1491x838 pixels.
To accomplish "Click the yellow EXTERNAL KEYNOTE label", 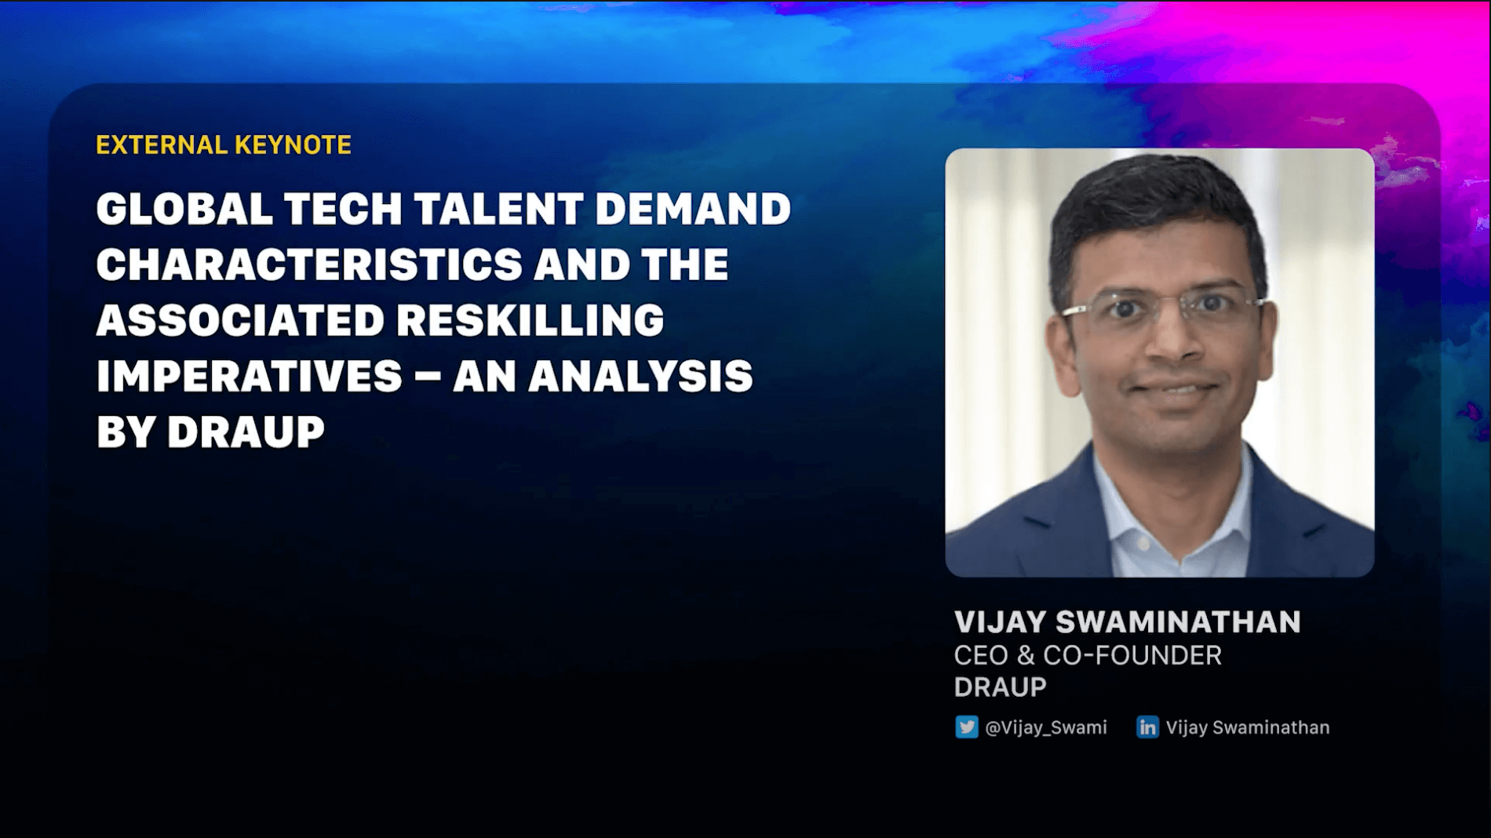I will coord(224,145).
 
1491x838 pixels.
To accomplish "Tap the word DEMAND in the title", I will coord(693,209).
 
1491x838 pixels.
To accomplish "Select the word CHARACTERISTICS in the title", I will coord(309,264).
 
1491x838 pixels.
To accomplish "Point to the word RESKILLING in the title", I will coord(530,320).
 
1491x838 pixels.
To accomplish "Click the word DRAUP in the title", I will coord(246,432).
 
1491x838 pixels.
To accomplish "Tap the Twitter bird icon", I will coord(966,727).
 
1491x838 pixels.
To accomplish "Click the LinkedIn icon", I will coord(1147,727).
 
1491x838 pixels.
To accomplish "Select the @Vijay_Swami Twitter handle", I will coord(1046,727).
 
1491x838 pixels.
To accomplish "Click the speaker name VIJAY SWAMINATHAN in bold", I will coord(1127,622).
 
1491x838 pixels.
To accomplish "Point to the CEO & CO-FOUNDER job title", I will coord(1088,655).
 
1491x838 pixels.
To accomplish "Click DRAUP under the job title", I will coord(1000,687).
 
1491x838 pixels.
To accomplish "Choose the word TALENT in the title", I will coord(498,209).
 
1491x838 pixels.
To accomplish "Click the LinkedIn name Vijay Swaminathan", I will coord(1248,727).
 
